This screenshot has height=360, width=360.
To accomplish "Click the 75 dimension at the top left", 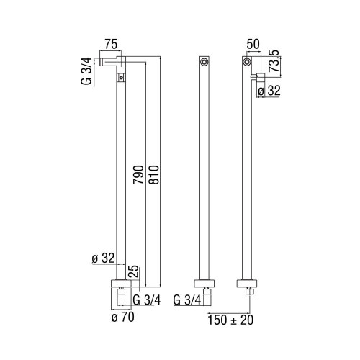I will pyautogui.click(x=110, y=44).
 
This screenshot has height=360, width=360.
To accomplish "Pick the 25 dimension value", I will pyautogui.click(x=132, y=271).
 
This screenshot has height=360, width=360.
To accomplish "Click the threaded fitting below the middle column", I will pyautogui.click(x=206, y=297).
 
